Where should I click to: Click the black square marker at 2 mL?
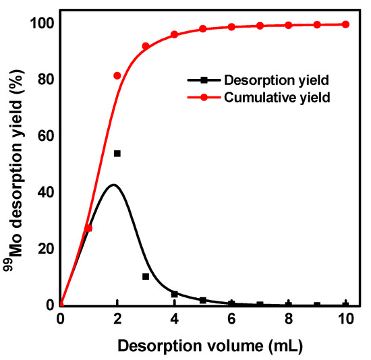pos(117,154)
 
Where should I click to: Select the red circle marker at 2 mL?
pos(117,76)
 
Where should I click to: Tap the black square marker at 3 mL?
pos(146,276)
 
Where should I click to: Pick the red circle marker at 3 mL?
pos(146,46)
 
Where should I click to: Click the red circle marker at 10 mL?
pos(345,24)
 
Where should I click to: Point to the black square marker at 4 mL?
pos(175,294)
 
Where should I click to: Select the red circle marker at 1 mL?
pos(88,228)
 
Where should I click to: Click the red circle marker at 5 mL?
pos(203,29)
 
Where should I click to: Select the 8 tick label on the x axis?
pos(289,320)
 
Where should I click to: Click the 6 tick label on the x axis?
pos(231,320)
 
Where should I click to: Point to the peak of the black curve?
pos(113,185)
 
